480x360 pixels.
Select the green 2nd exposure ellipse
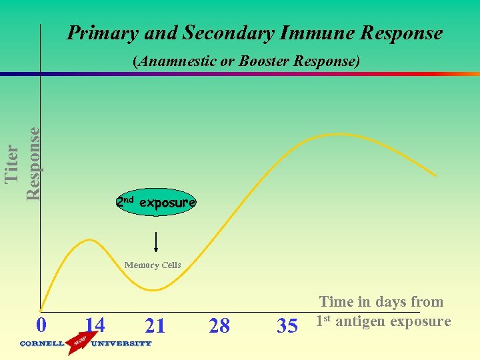[x=156, y=202]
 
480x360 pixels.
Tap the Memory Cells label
[x=153, y=265]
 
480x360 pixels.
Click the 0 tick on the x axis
[x=41, y=325]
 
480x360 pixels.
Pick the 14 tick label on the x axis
[x=95, y=325]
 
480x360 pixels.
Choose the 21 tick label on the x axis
[x=155, y=325]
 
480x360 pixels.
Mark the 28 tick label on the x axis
[x=219, y=326]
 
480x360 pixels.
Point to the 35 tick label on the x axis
[x=287, y=326]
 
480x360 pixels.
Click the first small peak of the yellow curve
[x=85, y=239]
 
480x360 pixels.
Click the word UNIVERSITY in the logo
[x=121, y=344]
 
